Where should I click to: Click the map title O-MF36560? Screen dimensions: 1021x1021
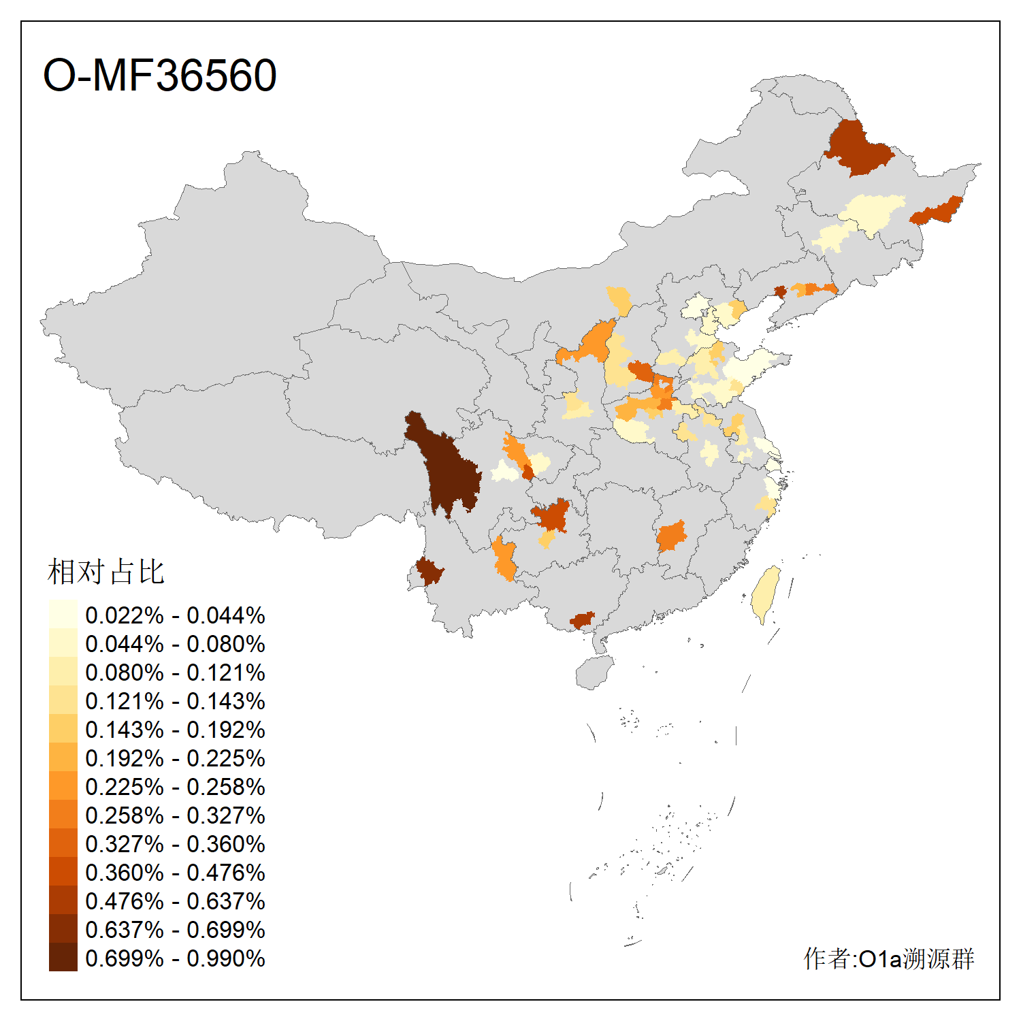coord(160,75)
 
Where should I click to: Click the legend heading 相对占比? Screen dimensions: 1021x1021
coord(106,572)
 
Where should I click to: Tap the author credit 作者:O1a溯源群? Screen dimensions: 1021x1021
coord(888,958)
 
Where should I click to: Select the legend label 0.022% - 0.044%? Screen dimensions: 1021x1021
coord(175,615)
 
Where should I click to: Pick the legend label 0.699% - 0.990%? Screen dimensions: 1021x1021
coord(175,958)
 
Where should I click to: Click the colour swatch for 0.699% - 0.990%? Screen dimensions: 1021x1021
coord(63,957)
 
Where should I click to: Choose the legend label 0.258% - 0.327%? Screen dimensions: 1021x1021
coord(175,815)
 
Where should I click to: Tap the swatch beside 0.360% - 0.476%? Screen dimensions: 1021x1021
coord(63,871)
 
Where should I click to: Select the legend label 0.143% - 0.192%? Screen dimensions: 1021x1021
coord(175,730)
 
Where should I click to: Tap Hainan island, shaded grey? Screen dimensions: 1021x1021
coord(594,672)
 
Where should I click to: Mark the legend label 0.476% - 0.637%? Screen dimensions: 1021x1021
coord(175,901)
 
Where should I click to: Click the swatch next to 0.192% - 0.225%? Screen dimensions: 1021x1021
coord(63,757)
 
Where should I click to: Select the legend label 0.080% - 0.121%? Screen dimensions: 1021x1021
coord(175,672)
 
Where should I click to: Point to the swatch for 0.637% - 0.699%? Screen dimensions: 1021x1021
coord(63,928)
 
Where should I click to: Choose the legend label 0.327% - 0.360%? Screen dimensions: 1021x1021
coord(175,844)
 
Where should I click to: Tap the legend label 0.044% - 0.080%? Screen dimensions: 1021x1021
coord(175,644)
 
